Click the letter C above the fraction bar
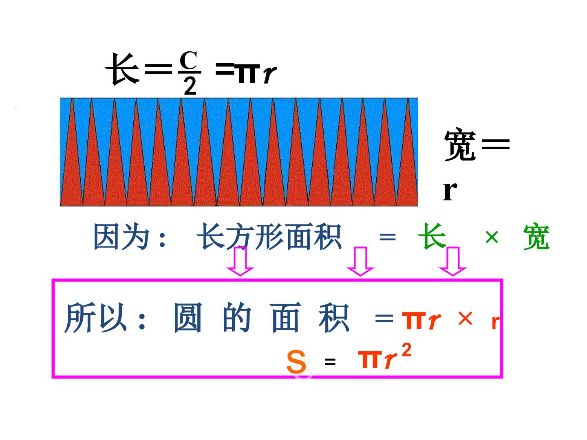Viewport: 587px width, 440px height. click(189, 60)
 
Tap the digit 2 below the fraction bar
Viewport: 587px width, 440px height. click(190, 86)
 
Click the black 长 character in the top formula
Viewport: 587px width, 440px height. click(123, 69)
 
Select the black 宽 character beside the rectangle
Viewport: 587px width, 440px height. click(460, 145)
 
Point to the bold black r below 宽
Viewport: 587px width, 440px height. click(450, 191)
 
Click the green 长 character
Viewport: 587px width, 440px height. click(432, 236)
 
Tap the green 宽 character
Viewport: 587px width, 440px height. click(536, 237)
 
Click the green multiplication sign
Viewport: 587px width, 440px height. click(492, 237)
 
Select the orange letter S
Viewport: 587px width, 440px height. click(296, 362)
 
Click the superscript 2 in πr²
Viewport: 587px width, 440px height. click(406, 350)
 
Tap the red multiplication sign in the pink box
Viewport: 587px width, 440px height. click(466, 318)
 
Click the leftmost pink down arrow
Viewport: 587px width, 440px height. click(240, 261)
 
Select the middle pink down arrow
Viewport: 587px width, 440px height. click(360, 261)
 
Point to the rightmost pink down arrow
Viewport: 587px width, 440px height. click(453, 261)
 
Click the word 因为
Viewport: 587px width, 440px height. click(121, 236)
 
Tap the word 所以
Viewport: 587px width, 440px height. click(95, 317)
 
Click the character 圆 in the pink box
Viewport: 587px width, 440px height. click(188, 318)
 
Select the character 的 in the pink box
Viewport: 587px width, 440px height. click(237, 317)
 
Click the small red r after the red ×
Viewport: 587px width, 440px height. click(496, 322)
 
